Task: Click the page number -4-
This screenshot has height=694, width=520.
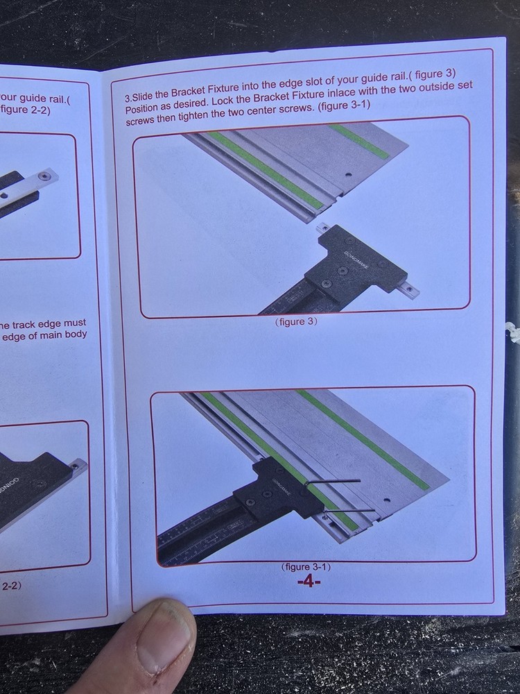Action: click(309, 581)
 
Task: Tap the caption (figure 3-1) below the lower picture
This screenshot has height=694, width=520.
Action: click(306, 567)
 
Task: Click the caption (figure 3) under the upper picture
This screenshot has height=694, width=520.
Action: click(296, 322)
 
